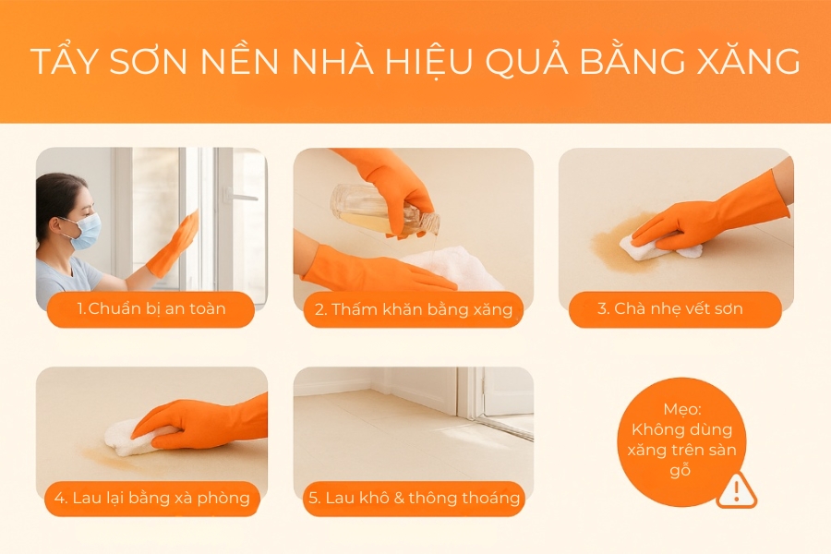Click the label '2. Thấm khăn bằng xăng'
pos(413,309)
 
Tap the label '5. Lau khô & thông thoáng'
pos(414,499)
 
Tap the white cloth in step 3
pos(657,247)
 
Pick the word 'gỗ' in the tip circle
pos(682,470)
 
